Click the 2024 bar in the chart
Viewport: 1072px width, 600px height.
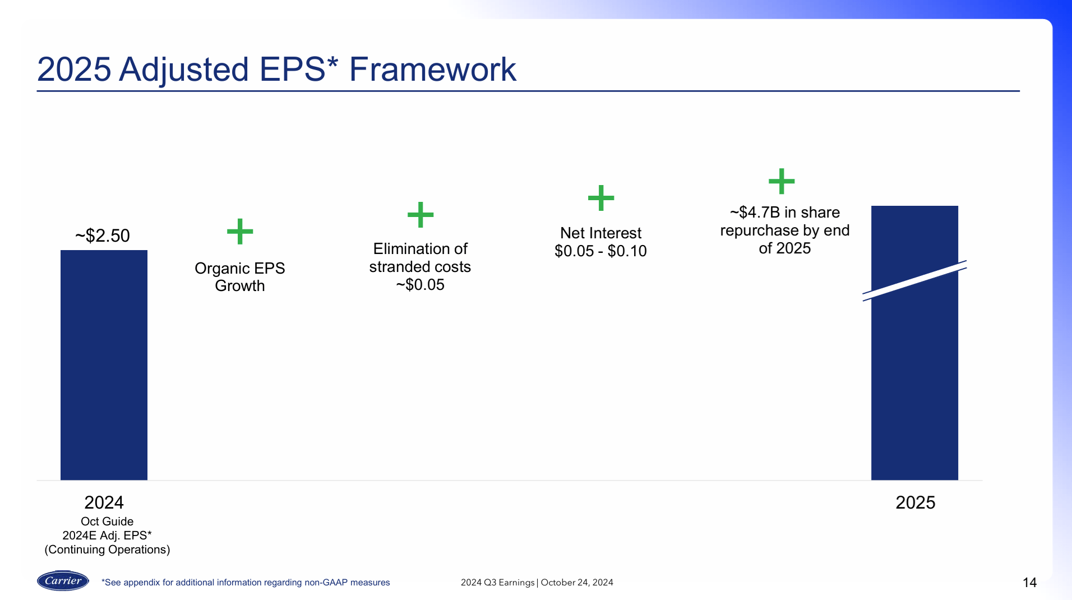coord(104,364)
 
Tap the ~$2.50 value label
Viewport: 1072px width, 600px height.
coord(103,236)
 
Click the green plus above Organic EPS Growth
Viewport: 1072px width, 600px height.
coord(240,232)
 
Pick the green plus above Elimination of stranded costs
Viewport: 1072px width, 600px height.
coord(421,215)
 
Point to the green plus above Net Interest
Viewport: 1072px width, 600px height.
coord(601,198)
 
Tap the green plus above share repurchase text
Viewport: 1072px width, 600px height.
coord(782,181)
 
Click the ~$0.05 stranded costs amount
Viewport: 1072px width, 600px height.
coord(421,285)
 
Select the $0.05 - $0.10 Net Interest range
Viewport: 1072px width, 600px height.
coord(600,251)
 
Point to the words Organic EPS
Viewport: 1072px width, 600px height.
coord(239,268)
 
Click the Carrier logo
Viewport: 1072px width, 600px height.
coord(63,581)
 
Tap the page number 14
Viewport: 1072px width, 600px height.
coord(1029,583)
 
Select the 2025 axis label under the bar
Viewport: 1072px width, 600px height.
coord(915,502)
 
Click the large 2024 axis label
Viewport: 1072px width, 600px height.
coord(104,502)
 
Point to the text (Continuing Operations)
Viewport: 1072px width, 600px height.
coord(107,550)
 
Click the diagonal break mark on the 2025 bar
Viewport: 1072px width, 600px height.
coord(914,280)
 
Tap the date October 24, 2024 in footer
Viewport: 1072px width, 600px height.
coord(577,583)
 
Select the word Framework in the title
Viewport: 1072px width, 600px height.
coord(432,70)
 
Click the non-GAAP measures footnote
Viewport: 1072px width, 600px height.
coord(246,583)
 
